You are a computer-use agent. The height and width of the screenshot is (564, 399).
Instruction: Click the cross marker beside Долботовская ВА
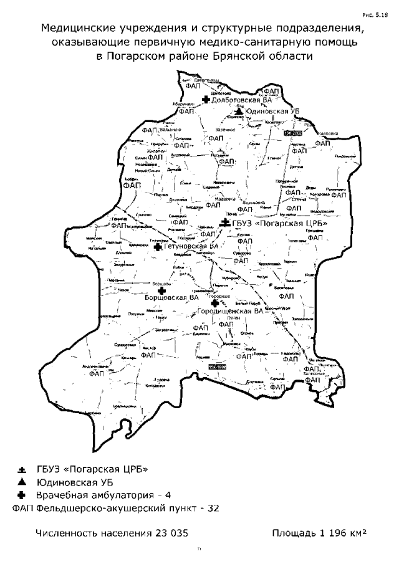click(206, 99)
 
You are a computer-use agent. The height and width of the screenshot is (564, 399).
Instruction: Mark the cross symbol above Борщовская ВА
click(162, 290)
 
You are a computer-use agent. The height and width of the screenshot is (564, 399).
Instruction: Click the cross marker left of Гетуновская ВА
click(158, 247)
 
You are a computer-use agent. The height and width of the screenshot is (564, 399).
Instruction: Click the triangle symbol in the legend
click(22, 482)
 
